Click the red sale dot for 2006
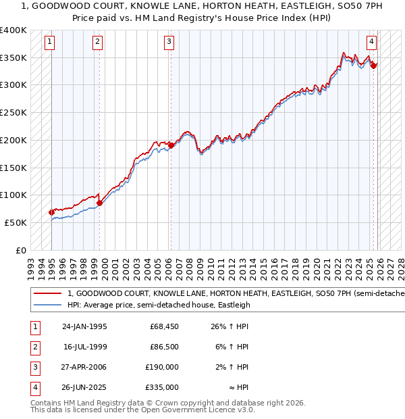coord(171,145)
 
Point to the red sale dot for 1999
coord(99,202)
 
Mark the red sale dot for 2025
coord(373,66)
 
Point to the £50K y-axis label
coord(16,222)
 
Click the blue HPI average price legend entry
coord(159,305)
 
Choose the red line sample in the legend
coord(47,293)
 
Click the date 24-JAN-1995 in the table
coord(84,327)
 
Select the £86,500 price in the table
coord(164,347)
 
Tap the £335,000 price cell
coord(162,388)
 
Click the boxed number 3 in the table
coord(34,368)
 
